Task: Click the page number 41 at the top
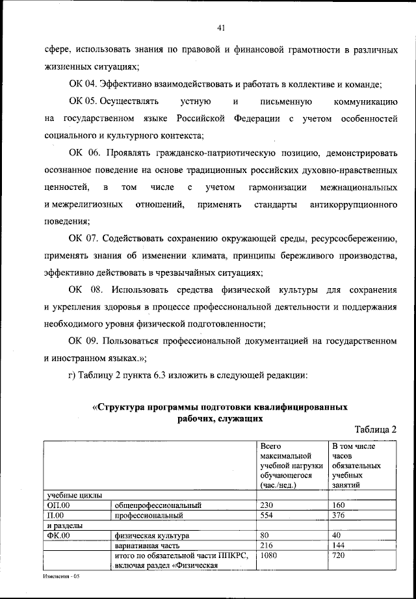[221, 27]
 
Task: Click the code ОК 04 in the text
[83, 84]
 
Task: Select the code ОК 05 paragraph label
[83, 101]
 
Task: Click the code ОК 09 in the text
[83, 341]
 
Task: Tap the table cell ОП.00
[59, 505]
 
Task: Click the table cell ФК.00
[59, 536]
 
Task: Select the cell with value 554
[267, 515]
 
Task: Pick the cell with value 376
[339, 515]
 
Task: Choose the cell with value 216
[267, 546]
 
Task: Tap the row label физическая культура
[151, 536]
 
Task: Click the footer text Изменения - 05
[61, 576]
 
